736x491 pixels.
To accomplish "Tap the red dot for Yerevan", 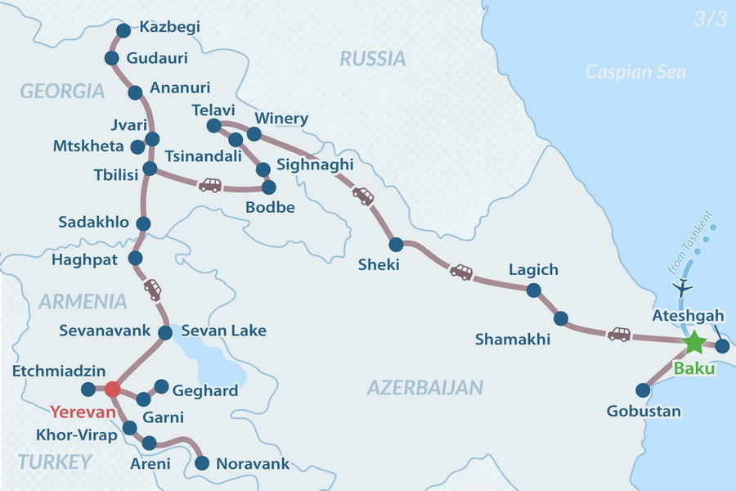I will coord(113,389).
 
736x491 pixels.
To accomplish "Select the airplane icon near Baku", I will coord(681,288).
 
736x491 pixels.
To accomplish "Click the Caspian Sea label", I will coord(635,72).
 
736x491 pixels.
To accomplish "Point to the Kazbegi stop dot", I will coord(123,30).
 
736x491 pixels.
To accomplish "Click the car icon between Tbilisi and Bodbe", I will coord(210,185).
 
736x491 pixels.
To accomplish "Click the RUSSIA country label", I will coord(372,58).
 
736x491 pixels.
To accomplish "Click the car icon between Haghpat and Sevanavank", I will coord(153,288).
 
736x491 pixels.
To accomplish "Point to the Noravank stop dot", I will coord(201,464).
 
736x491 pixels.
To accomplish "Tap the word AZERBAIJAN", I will coord(424,387).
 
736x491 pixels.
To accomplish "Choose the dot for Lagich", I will coord(534,290).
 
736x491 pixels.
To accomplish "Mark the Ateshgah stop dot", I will coord(721,346).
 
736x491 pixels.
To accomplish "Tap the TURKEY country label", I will coord(54,462).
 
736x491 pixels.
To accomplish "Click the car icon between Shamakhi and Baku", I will coord(618,334).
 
